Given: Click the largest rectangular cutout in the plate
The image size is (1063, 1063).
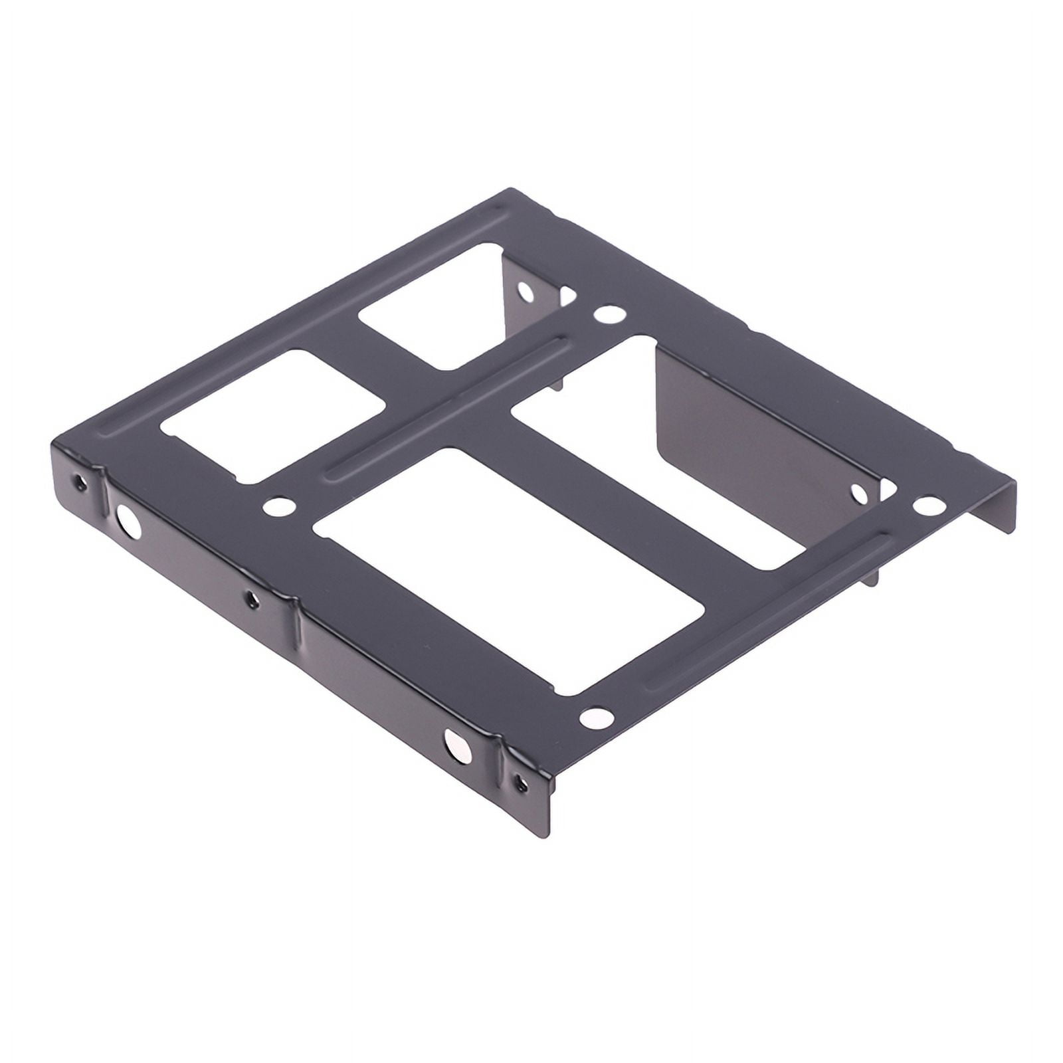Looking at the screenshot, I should point(508,571).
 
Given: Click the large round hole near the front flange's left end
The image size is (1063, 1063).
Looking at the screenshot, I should point(128,522).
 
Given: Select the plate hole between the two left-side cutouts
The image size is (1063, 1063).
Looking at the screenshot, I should point(279,507).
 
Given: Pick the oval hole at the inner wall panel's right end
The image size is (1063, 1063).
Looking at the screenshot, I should point(859,493).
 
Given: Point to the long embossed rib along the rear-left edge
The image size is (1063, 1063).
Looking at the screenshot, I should point(299,319).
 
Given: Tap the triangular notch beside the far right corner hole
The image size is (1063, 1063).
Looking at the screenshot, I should point(889,490).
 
